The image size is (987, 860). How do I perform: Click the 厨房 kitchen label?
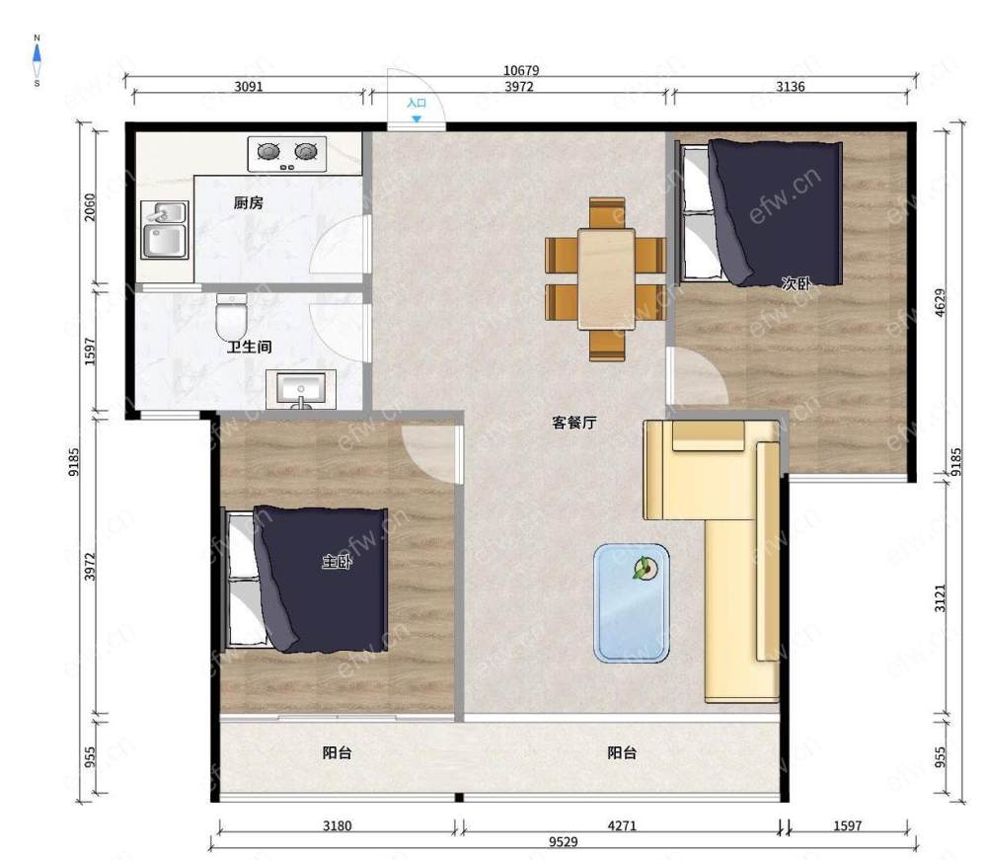point(248,202)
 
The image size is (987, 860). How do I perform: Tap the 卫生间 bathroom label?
point(250,347)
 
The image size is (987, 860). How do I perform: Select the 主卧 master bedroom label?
point(337,561)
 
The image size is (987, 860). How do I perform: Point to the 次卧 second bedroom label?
point(797,283)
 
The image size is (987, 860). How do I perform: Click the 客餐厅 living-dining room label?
point(574,423)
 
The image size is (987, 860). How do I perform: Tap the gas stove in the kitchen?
point(287,154)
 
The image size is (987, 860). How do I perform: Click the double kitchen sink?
point(164,230)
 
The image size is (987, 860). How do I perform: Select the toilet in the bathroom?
point(231,317)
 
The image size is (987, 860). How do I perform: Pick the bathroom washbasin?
point(301,389)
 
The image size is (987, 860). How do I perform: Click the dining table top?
point(606,278)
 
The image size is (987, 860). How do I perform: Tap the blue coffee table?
point(632,603)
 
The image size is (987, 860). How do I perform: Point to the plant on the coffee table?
point(645,569)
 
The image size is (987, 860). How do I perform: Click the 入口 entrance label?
point(417,103)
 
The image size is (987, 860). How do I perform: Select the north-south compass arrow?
point(37,61)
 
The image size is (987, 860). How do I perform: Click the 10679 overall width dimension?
point(521,70)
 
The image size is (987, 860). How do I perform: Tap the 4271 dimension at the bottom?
point(622,825)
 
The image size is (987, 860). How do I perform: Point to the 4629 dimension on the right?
point(940,302)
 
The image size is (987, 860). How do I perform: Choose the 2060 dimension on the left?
point(90,206)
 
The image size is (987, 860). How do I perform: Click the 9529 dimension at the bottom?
point(563,842)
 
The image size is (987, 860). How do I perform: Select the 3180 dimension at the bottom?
point(337,825)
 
